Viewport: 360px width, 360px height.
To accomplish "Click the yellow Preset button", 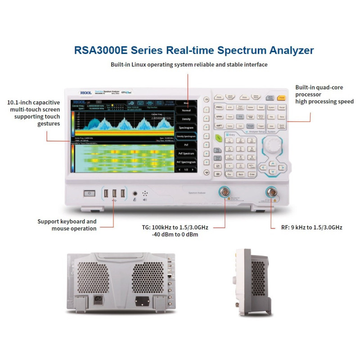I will (x=282, y=97).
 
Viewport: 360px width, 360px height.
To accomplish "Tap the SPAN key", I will (x=219, y=117).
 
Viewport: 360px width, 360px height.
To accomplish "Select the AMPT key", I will (x=219, y=126).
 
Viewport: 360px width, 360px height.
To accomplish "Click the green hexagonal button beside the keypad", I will (x=218, y=138).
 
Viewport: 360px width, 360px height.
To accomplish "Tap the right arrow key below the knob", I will (x=282, y=167).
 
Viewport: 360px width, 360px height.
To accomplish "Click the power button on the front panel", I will (x=90, y=193).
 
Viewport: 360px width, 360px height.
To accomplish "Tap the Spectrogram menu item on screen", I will (x=186, y=127).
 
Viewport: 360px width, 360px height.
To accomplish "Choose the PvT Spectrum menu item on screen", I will (x=186, y=153).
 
